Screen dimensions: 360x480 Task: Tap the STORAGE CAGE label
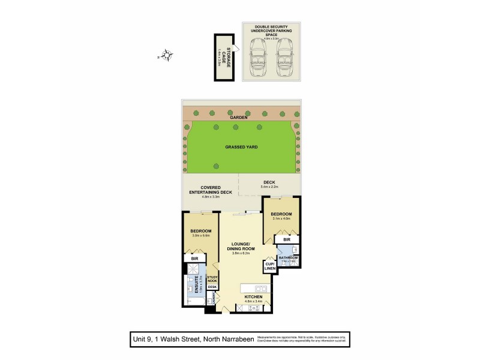[223, 56]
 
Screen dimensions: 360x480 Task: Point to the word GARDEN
[239, 118]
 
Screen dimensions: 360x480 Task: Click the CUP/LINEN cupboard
[269, 266]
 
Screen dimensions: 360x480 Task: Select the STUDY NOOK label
[212, 278]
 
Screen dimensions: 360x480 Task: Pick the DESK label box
[212, 287]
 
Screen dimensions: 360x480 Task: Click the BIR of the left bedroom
[194, 259]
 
